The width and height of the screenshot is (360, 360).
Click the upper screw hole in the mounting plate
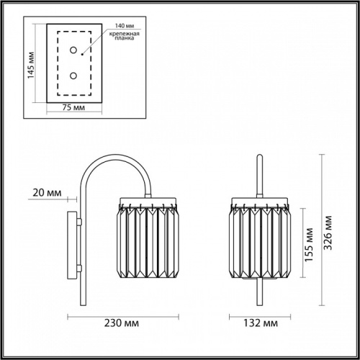(x=73, y=50)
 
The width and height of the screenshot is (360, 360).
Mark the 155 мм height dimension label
(x=307, y=248)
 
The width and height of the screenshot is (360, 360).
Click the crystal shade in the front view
(x=260, y=241)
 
